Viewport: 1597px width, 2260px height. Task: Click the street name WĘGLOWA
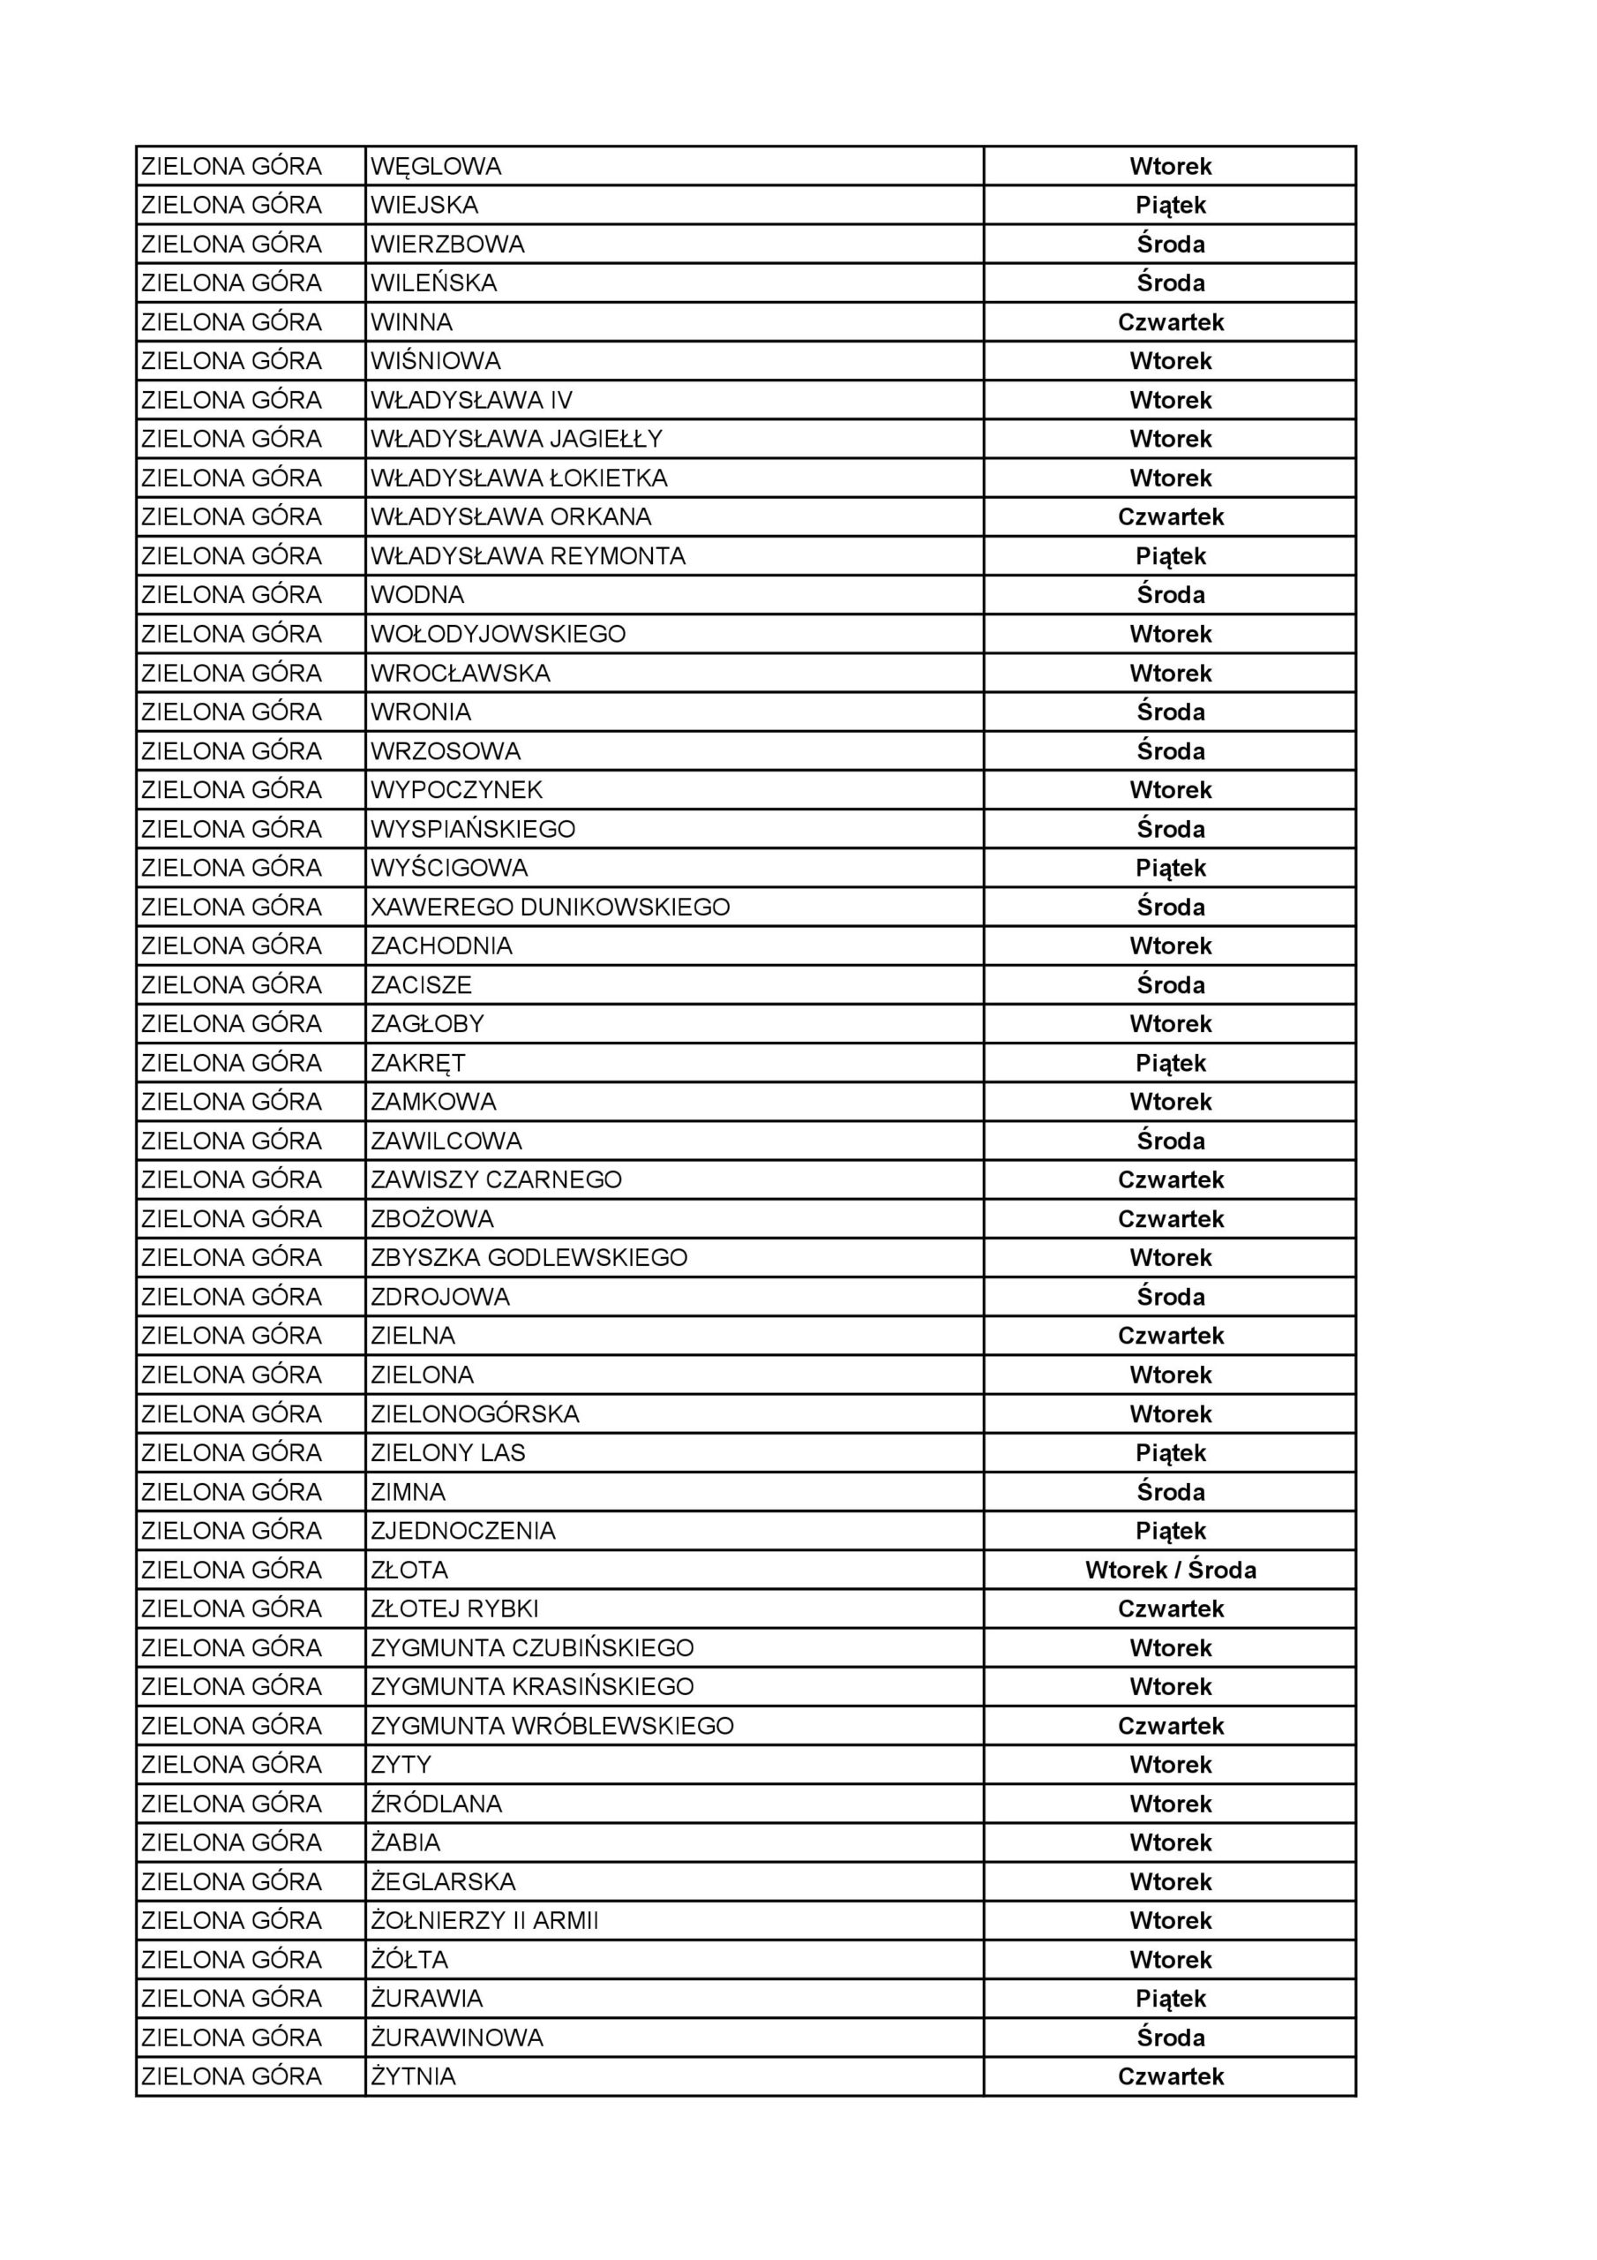[x=436, y=166]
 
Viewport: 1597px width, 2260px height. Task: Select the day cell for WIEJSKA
[x=1170, y=206]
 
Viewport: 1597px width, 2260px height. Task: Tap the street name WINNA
[x=411, y=322]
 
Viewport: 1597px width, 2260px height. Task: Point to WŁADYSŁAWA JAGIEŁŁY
[x=516, y=439]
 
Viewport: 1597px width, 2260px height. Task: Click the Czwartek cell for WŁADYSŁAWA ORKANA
[x=1170, y=516]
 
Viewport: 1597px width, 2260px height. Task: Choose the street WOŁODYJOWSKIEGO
[x=498, y=634]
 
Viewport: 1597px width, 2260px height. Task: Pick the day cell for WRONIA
[x=1170, y=712]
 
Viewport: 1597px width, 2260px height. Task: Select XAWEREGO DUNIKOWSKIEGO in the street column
[x=550, y=907]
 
